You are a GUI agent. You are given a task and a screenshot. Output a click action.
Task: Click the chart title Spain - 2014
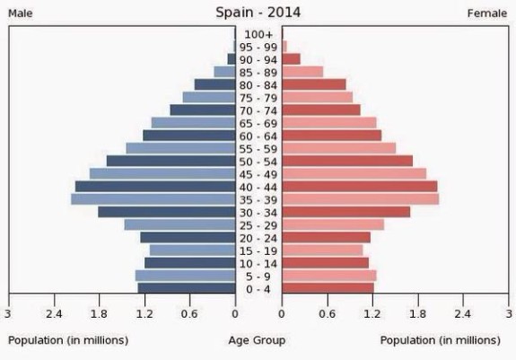[258, 13]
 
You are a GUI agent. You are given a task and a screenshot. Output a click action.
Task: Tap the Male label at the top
[21, 13]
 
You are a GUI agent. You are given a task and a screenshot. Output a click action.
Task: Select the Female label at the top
[487, 13]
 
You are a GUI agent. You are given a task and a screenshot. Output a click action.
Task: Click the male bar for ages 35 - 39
[153, 199]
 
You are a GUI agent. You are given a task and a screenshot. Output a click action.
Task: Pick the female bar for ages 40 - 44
[360, 187]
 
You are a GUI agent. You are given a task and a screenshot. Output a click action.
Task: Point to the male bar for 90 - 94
[232, 59]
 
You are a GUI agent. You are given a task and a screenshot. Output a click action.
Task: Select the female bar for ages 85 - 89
[302, 72]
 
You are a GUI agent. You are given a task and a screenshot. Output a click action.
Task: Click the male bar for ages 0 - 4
[187, 288]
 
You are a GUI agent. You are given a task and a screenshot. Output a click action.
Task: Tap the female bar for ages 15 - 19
[322, 250]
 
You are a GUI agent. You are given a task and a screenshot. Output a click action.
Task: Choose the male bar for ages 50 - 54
[171, 161]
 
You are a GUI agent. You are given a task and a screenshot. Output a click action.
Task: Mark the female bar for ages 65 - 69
[329, 123]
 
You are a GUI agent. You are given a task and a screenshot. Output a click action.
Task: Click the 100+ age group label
[258, 34]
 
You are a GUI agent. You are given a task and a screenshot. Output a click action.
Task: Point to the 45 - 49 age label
[258, 175]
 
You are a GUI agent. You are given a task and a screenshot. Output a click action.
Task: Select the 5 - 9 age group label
[258, 277]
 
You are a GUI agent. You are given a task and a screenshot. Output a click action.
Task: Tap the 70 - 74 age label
[258, 111]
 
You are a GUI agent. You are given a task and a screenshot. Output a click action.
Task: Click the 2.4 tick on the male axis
[54, 314]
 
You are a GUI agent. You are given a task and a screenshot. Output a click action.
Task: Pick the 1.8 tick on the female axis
[417, 314]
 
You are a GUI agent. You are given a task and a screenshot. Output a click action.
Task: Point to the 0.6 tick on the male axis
[189, 314]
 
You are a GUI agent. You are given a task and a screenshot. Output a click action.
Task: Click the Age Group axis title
[257, 340]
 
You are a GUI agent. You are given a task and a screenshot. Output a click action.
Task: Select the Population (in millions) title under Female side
[441, 340]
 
